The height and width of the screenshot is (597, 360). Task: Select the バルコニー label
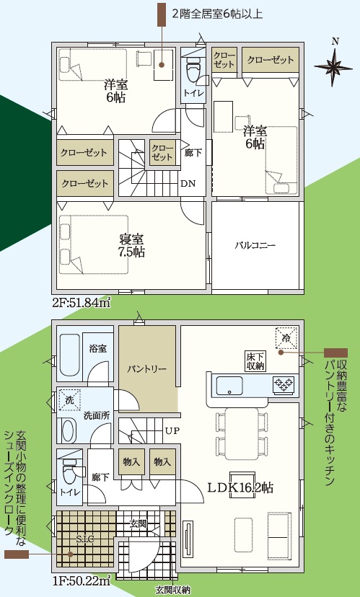(255, 245)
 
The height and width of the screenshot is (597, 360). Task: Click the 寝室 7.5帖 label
(132, 246)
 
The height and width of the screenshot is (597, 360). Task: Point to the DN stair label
(188, 184)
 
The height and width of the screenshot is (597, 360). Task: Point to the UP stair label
(172, 430)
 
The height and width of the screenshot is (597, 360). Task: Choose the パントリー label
(147, 369)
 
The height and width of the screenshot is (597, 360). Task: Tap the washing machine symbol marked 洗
(70, 399)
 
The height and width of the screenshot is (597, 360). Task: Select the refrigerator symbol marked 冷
(286, 337)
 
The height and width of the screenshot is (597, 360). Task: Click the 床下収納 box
(255, 361)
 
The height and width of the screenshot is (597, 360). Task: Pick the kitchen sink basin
(229, 386)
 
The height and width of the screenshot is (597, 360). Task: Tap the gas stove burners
(284, 384)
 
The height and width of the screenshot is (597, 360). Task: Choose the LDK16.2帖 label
(240, 487)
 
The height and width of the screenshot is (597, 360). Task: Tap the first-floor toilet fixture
(70, 468)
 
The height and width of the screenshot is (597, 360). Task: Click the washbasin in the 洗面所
(69, 430)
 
